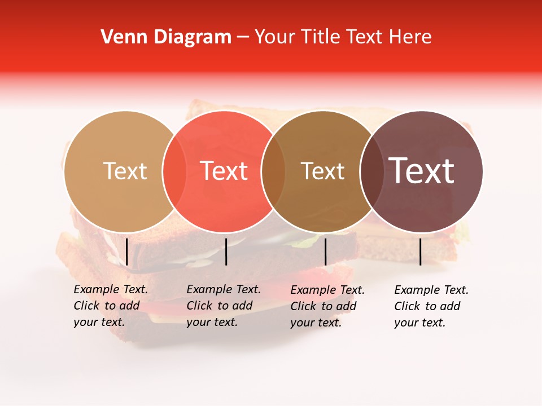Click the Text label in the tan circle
click(x=125, y=171)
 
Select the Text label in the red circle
click(x=224, y=171)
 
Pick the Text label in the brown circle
click(x=322, y=171)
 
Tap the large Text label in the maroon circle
click(x=422, y=171)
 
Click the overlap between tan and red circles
click(x=174, y=171)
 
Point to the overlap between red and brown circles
click(x=273, y=171)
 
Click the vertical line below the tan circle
click(x=127, y=251)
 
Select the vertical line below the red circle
click(x=226, y=251)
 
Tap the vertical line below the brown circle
click(x=325, y=251)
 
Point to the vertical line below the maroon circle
click(x=421, y=251)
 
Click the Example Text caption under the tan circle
click(x=111, y=306)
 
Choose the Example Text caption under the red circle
click(x=224, y=306)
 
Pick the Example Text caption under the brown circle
click(x=327, y=306)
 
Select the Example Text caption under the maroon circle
click(x=431, y=306)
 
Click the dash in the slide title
click(x=243, y=38)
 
